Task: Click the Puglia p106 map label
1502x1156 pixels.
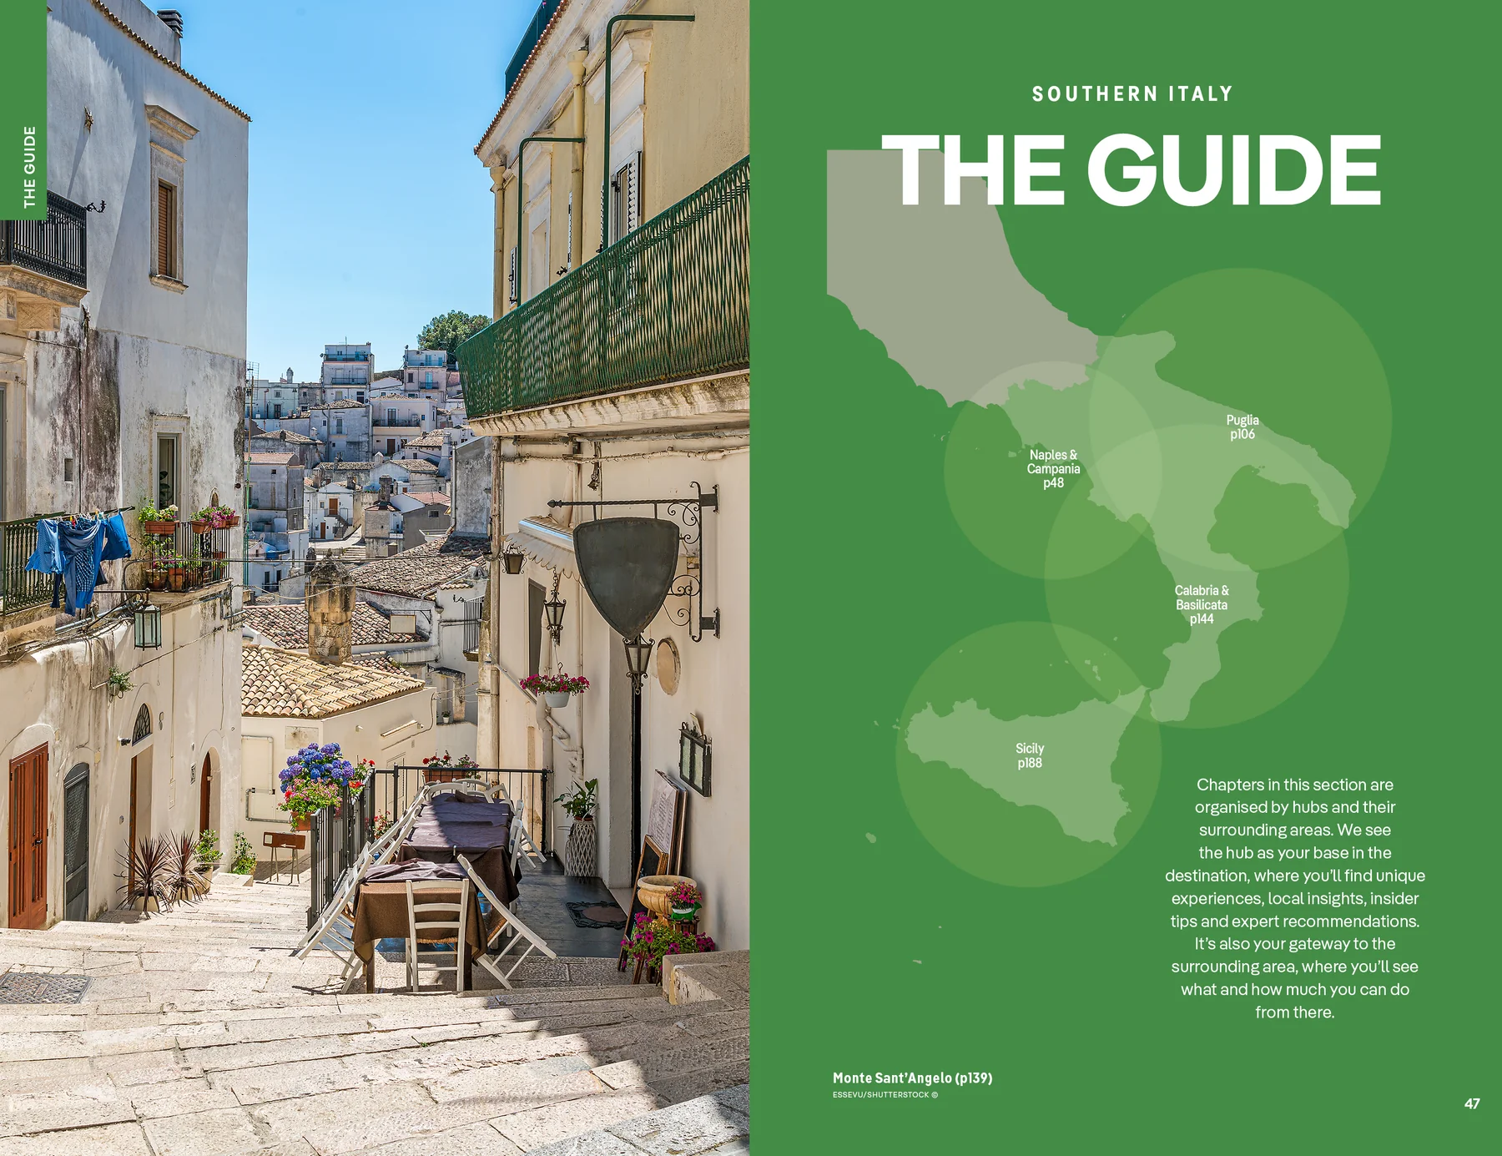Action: click(1242, 427)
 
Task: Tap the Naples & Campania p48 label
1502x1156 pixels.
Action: click(1053, 468)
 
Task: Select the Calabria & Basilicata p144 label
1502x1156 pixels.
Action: click(1202, 604)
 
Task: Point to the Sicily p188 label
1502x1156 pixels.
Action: click(1030, 755)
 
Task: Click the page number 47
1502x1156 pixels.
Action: click(1472, 1103)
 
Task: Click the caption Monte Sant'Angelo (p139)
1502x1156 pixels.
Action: click(912, 1078)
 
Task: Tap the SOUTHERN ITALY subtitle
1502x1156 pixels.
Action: click(1132, 93)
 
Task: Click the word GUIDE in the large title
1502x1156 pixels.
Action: click(1234, 170)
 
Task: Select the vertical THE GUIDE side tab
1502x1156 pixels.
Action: click(29, 166)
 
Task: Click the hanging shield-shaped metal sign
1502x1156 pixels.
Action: click(626, 573)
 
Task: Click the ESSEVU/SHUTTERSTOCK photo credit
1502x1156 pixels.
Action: click(885, 1095)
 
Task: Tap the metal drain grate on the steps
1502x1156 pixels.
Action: click(43, 988)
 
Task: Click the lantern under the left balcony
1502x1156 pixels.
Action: click(148, 624)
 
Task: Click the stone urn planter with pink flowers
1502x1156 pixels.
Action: click(665, 896)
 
